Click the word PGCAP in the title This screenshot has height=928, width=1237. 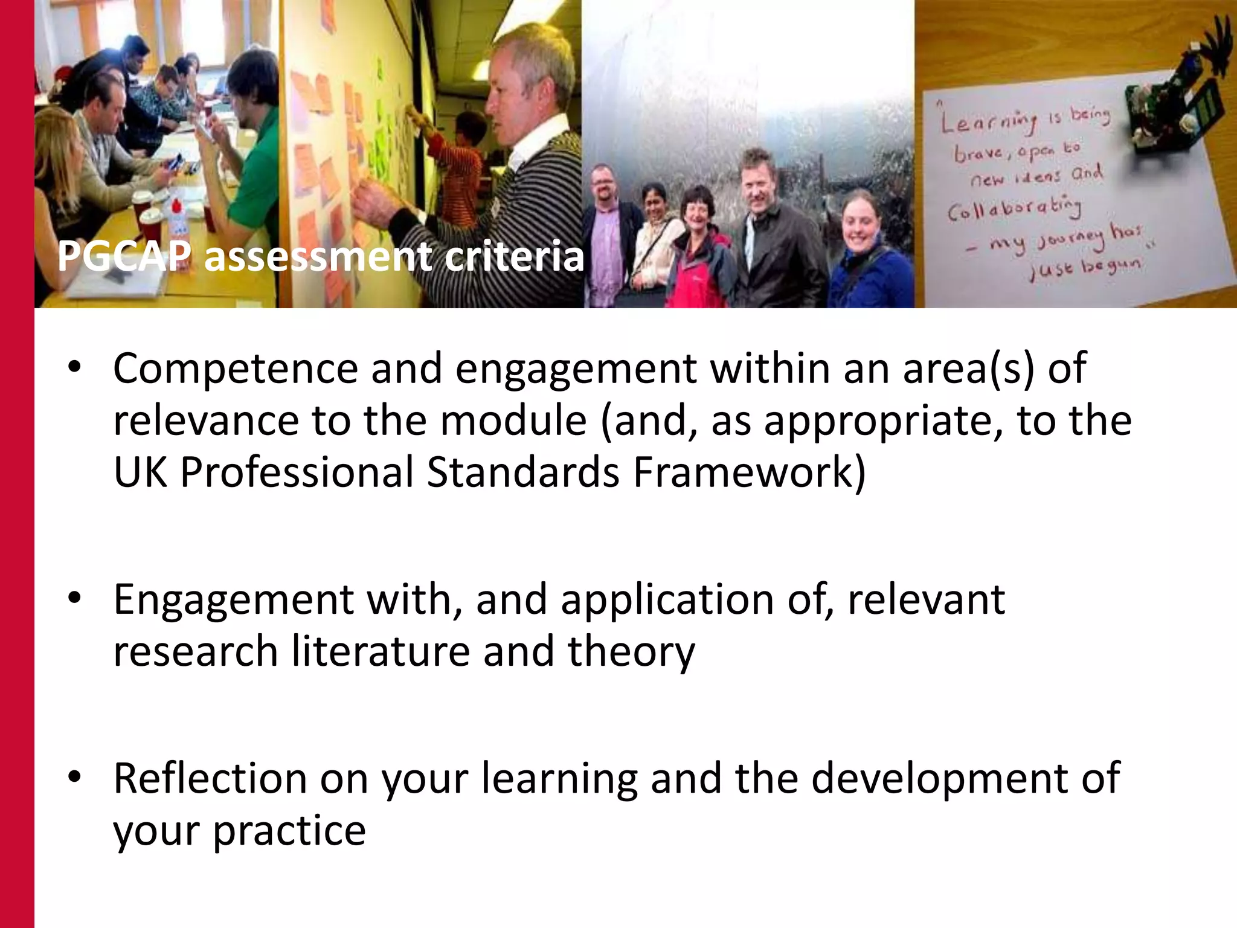[x=124, y=257]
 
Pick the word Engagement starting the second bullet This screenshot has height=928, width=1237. [x=233, y=599]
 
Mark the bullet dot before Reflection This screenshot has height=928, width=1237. [x=74, y=777]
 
